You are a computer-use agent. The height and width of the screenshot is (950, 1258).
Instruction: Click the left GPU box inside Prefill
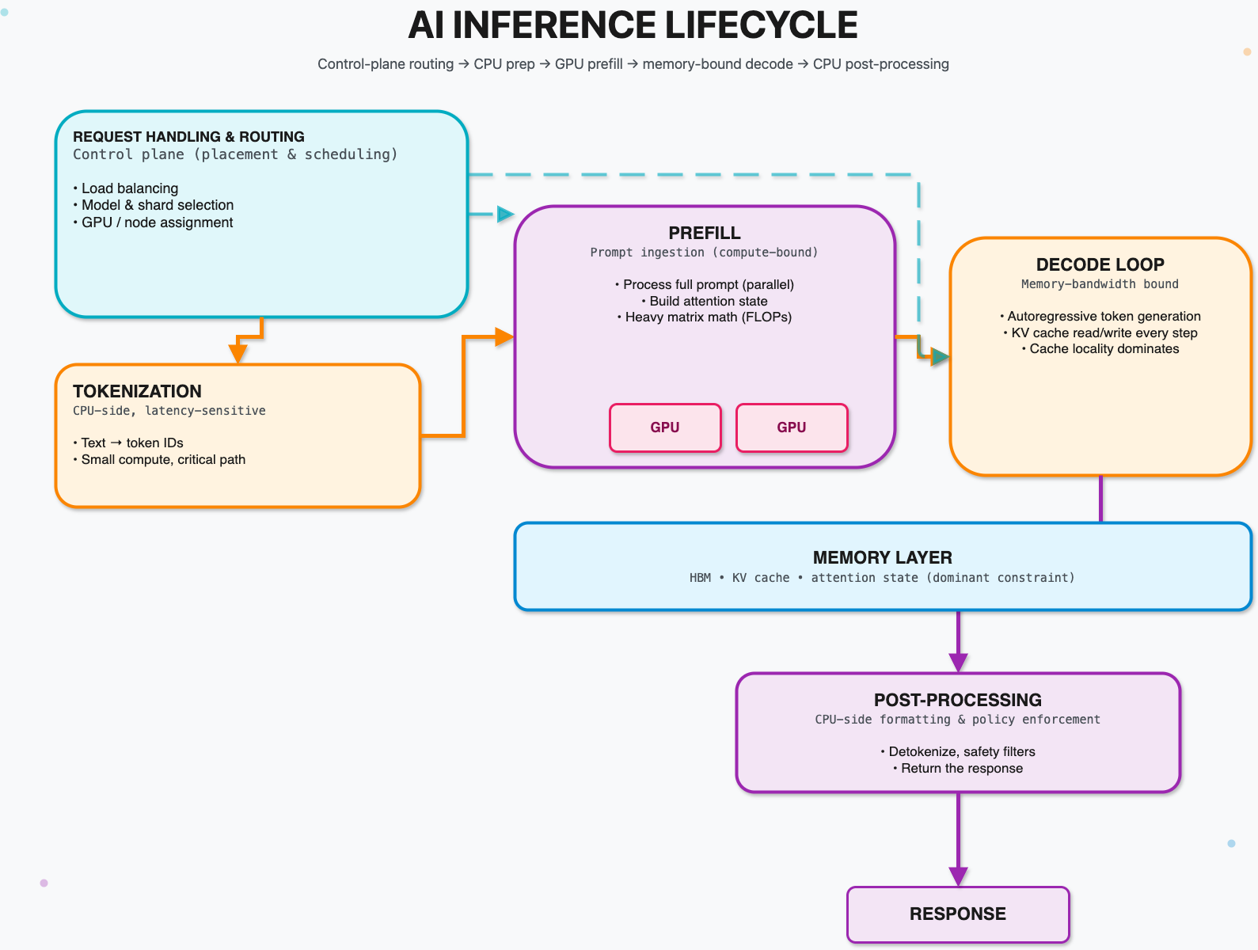click(x=665, y=427)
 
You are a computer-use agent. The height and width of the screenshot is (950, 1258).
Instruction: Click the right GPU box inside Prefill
click(x=792, y=427)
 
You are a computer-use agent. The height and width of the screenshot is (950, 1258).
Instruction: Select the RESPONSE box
click(x=958, y=914)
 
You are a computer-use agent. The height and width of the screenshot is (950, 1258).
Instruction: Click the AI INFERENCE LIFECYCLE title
click(x=633, y=25)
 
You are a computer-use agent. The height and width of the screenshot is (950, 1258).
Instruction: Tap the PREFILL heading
click(x=704, y=233)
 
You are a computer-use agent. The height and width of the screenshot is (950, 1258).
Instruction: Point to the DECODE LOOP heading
click(x=1100, y=264)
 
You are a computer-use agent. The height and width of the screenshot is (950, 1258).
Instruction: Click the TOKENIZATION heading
click(x=137, y=391)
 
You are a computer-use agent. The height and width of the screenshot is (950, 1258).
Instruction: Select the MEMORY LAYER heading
click(x=882, y=557)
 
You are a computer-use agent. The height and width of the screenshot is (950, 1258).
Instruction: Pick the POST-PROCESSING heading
click(x=957, y=700)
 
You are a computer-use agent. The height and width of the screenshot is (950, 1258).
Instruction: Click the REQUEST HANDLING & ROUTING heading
click(x=188, y=137)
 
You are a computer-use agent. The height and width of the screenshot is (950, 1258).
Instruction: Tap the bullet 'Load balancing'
click(x=129, y=188)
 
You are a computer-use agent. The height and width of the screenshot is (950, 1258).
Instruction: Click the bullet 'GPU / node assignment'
click(x=157, y=222)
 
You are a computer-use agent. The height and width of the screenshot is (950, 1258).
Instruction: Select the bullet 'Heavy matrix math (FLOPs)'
click(x=708, y=317)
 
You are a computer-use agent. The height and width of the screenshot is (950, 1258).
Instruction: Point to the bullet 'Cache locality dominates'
click(x=1104, y=349)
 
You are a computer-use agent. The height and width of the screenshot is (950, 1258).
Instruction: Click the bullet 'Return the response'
click(x=961, y=769)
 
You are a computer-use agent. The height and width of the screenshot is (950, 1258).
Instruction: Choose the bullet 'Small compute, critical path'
click(x=163, y=460)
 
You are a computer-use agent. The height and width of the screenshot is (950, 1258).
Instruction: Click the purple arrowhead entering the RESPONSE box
click(x=958, y=876)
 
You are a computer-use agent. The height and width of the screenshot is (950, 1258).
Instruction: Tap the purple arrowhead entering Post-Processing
click(x=958, y=663)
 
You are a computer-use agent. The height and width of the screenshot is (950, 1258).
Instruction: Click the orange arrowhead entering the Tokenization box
click(x=238, y=353)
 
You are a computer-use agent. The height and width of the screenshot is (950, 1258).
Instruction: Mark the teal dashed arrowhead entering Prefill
click(x=505, y=214)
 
